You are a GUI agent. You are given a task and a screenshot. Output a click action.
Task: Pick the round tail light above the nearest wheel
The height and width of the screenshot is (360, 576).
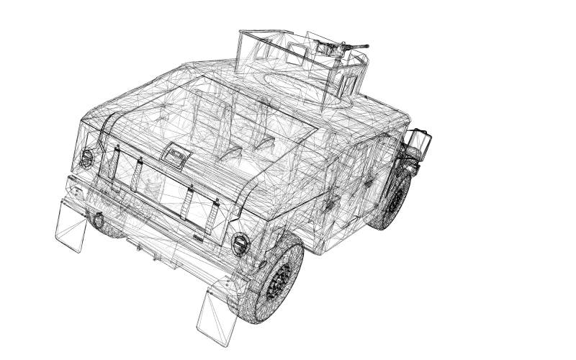pyautogui.click(x=240, y=244)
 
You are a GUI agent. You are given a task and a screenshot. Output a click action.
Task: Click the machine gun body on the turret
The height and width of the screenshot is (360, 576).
pyautogui.click(x=332, y=49)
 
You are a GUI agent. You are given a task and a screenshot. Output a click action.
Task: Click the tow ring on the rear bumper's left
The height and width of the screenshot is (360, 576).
pyautogui.click(x=95, y=218)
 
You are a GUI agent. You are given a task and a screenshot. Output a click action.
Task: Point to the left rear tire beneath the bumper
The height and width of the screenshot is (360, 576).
pyautogui.click(x=108, y=230)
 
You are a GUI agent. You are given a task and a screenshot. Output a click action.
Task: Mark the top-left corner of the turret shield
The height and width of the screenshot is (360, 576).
pyautogui.click(x=240, y=32)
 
